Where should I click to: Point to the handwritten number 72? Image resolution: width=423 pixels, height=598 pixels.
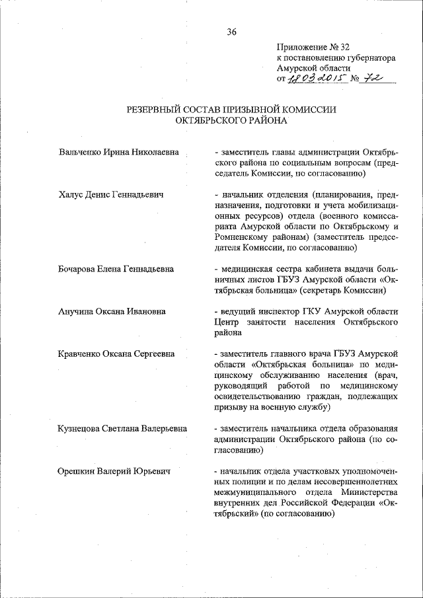377,79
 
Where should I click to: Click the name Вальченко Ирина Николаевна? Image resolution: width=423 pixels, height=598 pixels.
118,153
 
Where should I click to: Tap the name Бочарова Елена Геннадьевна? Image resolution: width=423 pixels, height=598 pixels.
116,269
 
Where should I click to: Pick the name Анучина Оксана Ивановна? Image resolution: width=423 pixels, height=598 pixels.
112,311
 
